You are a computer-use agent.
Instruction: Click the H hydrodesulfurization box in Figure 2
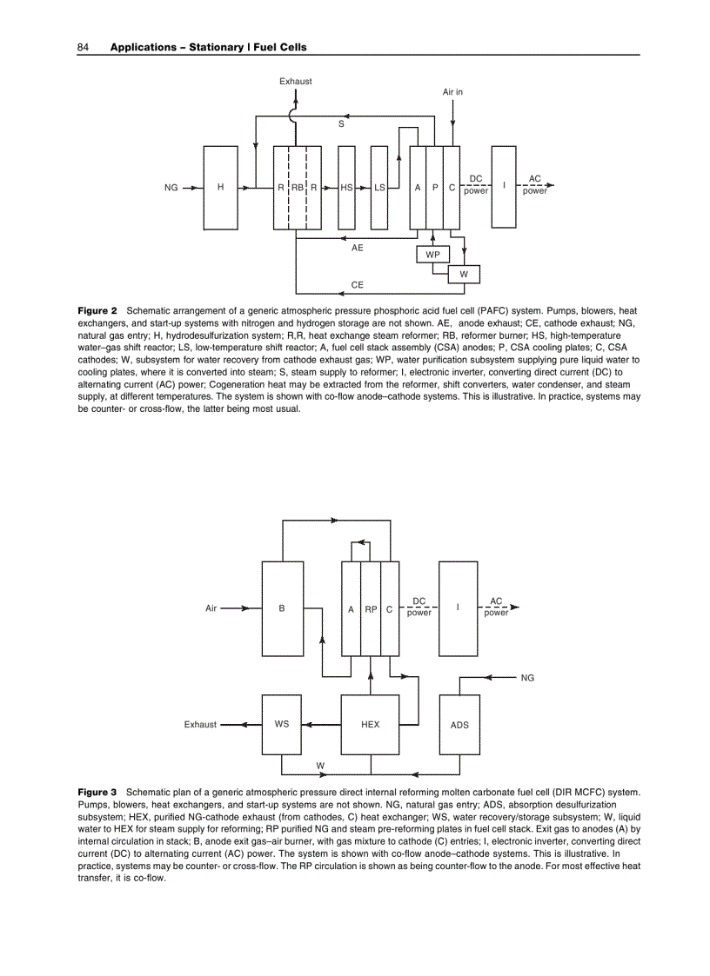(220, 187)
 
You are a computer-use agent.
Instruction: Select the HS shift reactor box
(346, 187)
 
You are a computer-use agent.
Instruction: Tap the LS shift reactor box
(378, 187)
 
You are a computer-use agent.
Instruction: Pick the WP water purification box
(432, 254)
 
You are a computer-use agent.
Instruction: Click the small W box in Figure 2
(464, 274)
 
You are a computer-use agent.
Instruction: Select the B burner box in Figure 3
(282, 608)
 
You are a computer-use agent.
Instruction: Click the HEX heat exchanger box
(371, 724)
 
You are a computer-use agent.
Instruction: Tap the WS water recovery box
(282, 724)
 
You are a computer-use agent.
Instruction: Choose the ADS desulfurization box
(459, 724)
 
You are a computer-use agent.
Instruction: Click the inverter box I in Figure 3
(458, 608)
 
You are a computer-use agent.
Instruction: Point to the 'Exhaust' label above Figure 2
(296, 82)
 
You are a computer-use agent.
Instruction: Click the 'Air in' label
(452, 91)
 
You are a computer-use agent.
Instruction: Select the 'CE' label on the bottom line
(357, 284)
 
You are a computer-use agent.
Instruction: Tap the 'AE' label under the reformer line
(357, 248)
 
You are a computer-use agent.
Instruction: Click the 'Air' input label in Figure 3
(211, 608)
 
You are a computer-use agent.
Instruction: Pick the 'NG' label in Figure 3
(527, 677)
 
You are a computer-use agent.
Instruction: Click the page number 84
(84, 46)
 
